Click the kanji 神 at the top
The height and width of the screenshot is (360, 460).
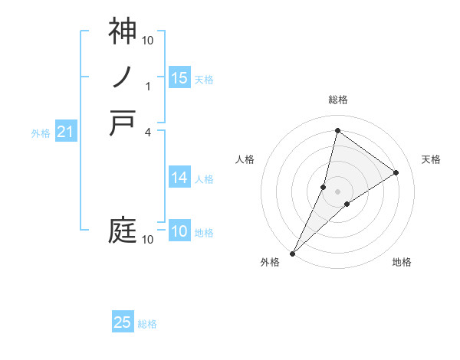tap(123, 31)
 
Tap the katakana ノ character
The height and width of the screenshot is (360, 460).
tap(123, 77)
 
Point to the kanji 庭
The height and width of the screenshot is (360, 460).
tap(123, 231)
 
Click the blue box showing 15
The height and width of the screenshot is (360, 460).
tap(179, 78)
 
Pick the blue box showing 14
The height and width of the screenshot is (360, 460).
tap(179, 178)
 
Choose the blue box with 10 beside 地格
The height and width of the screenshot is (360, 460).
tap(179, 231)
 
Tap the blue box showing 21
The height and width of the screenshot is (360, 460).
tap(65, 132)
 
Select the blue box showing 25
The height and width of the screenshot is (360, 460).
tap(123, 322)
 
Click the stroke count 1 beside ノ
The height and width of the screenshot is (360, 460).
tap(149, 86)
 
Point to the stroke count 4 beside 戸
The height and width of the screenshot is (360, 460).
tap(149, 132)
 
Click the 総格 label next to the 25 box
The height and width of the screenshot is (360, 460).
tap(147, 324)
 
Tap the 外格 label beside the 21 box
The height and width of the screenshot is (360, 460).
tap(41, 133)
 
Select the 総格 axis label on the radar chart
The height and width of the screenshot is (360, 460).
tap(337, 100)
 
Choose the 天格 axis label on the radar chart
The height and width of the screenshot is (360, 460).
tap(431, 159)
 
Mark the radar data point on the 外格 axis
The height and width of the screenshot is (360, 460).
tap(292, 254)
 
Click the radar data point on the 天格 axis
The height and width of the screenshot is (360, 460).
tap(396, 172)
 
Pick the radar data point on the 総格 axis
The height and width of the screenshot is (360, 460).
tap(337, 130)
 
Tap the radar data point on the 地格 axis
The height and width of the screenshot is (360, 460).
tap(347, 204)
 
